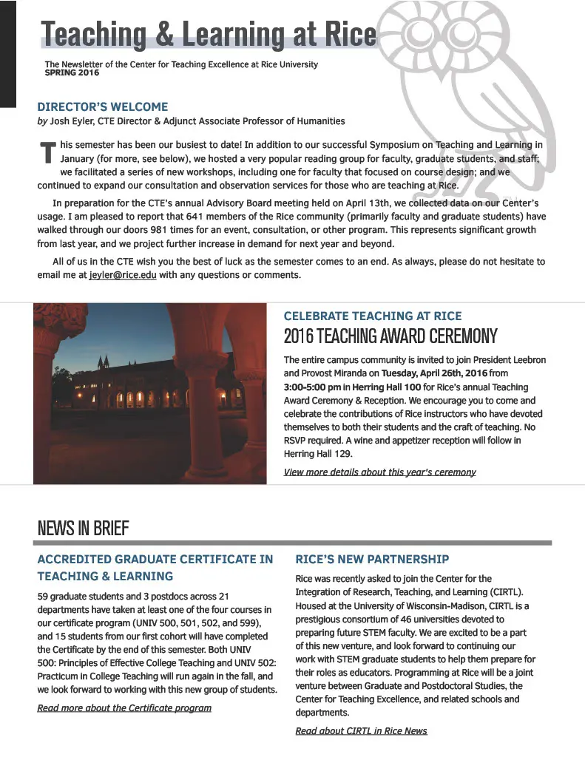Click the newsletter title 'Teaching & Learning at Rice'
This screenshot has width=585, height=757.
tap(209, 34)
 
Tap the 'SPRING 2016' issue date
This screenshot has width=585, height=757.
tap(72, 73)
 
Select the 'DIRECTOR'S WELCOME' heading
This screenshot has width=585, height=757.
tap(103, 106)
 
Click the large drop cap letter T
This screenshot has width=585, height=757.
tap(47, 152)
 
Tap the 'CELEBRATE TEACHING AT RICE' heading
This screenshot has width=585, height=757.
tap(376, 316)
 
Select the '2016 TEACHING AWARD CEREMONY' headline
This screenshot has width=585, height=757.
tap(390, 337)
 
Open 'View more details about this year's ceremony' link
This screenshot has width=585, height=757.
tap(379, 472)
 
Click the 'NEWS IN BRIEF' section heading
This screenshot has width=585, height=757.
tap(83, 529)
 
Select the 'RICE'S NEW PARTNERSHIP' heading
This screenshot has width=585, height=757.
tap(372, 560)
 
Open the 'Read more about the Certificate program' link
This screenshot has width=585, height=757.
tap(124, 707)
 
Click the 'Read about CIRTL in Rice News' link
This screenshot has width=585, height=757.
tap(361, 730)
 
